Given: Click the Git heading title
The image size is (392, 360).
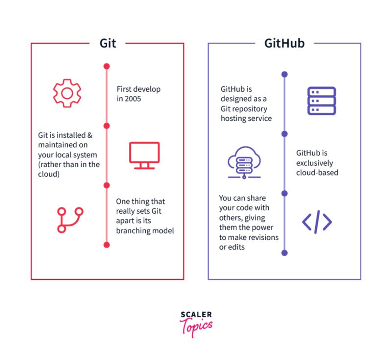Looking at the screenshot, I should [x=108, y=43].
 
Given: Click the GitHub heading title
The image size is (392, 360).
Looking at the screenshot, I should [x=284, y=43].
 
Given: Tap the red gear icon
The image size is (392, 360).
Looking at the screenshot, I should [x=67, y=93].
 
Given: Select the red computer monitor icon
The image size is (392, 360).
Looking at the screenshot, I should [x=144, y=155].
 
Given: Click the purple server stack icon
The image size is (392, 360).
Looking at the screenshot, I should [x=321, y=101].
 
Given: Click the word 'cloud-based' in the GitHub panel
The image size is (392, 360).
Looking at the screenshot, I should [x=317, y=172].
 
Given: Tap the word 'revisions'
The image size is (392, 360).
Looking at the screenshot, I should [x=262, y=238].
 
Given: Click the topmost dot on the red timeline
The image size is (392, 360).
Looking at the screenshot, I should [x=107, y=66].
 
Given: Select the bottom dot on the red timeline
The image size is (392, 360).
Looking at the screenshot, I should [x=107, y=244].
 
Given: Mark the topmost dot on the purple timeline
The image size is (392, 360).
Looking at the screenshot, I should [x=284, y=74].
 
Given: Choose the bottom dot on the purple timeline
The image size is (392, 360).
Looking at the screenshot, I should [x=284, y=253].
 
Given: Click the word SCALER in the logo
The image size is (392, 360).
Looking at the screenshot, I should [x=196, y=314].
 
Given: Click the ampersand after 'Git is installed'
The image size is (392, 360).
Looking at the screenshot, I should [x=90, y=135].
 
